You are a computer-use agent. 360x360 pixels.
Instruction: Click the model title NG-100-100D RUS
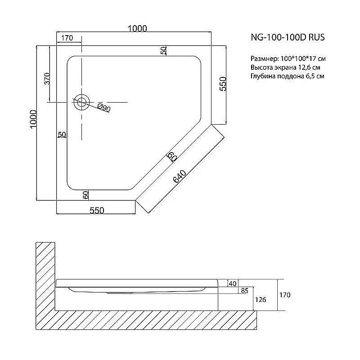pos(288,37)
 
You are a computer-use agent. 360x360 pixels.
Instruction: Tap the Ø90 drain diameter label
pos(104,108)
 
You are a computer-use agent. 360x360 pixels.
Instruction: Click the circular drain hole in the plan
pos(81,102)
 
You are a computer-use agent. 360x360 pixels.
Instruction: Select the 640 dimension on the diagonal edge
pos(180,176)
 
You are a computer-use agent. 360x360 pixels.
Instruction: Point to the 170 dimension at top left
pos(67,38)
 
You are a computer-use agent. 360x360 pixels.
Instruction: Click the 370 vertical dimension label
pos(47,78)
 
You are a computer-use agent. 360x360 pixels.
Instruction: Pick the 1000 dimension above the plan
pos(137,28)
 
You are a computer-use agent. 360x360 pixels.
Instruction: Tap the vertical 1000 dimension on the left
pos(33,119)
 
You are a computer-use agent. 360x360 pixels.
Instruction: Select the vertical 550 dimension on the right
pos(223,84)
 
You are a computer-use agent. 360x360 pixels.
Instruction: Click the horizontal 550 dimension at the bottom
pos(97,211)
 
